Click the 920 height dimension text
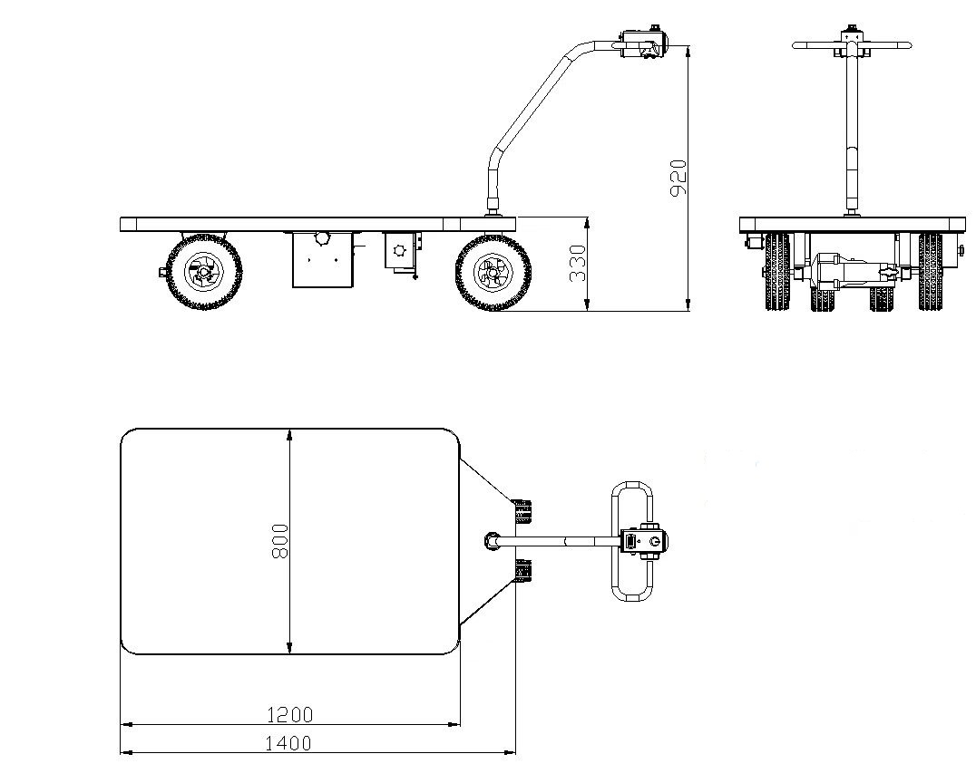[x=678, y=178]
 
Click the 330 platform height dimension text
[x=579, y=263]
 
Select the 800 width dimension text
[x=280, y=541]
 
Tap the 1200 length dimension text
[x=290, y=715]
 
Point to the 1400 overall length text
[x=288, y=743]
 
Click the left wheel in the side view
[x=203, y=271]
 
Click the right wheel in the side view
[x=493, y=272]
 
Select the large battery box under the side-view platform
[x=322, y=260]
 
